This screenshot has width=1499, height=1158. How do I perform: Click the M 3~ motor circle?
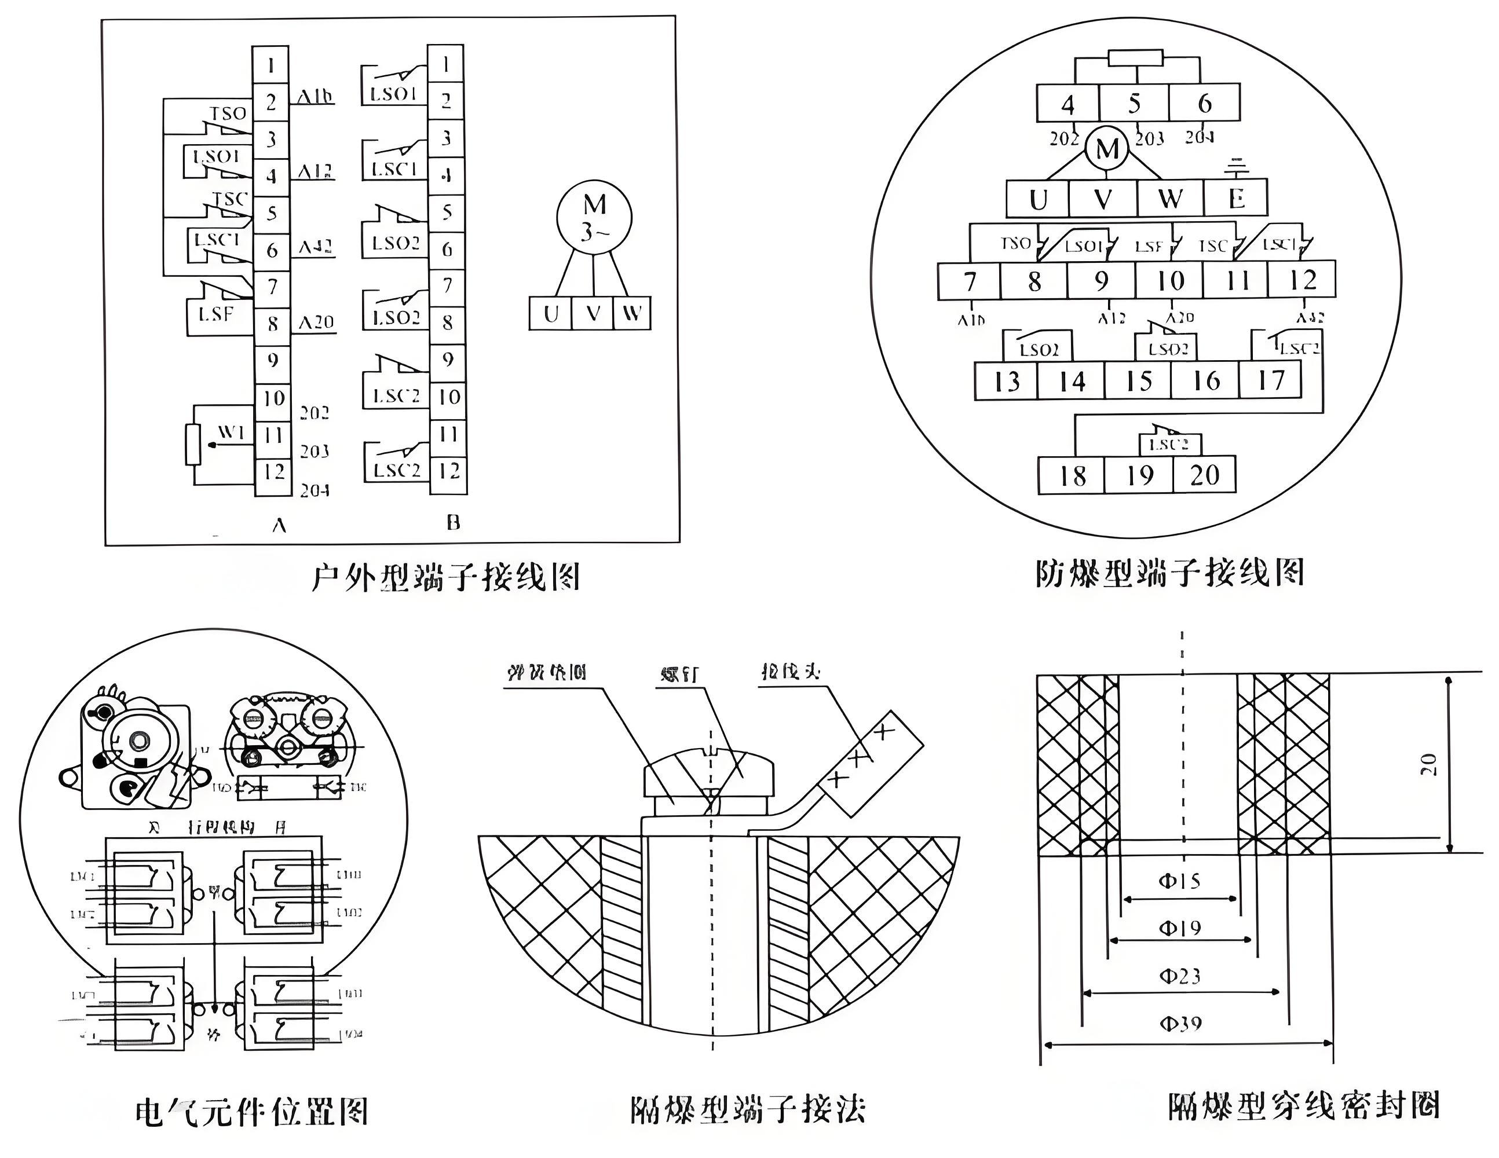(594, 218)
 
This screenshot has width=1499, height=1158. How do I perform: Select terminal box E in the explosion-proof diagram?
(1236, 199)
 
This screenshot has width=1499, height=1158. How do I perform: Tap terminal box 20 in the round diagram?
(1205, 475)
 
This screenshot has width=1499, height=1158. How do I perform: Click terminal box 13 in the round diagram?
(1006, 382)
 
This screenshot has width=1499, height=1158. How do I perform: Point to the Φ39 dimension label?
(1180, 1024)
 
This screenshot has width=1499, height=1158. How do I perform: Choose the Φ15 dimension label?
(1179, 881)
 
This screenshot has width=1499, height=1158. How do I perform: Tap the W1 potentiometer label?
(231, 432)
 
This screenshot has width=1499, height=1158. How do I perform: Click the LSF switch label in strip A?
(215, 315)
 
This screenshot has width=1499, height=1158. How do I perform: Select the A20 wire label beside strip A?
(316, 323)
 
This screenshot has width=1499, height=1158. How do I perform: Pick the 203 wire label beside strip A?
(315, 452)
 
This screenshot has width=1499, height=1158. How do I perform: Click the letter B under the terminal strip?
(453, 523)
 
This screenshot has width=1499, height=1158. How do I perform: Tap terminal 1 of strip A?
(271, 65)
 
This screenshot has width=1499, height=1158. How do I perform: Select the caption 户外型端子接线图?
(446, 578)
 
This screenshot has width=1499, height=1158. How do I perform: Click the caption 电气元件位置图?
(252, 1111)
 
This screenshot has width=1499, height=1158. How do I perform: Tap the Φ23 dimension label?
(1180, 976)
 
